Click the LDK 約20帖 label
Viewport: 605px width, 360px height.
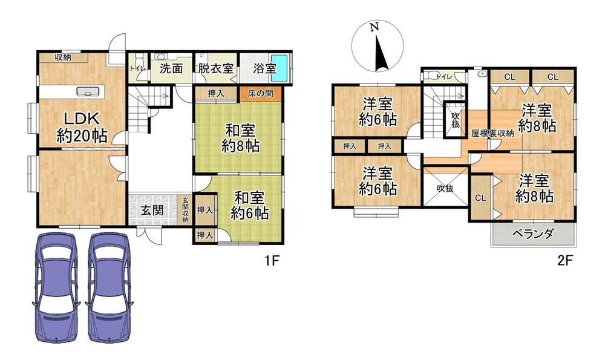[x=82, y=127]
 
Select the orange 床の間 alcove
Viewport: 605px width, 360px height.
[x=260, y=94]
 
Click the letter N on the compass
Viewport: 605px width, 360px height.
[x=374, y=27]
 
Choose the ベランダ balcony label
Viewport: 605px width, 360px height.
[x=533, y=234]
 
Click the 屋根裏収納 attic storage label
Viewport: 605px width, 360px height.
[x=492, y=134]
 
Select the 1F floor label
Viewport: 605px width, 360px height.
[x=271, y=261]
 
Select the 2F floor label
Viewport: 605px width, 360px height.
[x=564, y=261]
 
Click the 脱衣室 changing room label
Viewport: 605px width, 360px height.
[x=216, y=69]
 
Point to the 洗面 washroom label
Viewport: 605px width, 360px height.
[x=171, y=69]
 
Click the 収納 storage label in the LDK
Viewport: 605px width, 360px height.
[x=63, y=57]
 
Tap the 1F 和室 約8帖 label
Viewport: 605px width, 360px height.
[x=240, y=138]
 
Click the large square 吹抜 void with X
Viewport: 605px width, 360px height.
[x=445, y=188]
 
